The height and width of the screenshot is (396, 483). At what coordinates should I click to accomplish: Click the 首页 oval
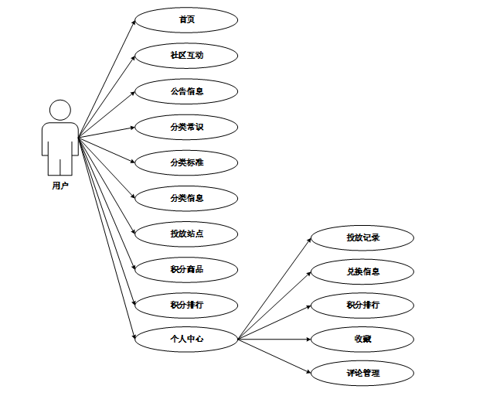(x=186, y=20)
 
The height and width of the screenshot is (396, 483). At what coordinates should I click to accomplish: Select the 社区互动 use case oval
(x=186, y=56)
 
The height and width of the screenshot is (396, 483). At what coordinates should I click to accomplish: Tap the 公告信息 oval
(x=186, y=91)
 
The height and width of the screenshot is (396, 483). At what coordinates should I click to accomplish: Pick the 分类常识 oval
(x=186, y=127)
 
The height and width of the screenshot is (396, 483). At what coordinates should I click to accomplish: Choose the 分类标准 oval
(x=186, y=162)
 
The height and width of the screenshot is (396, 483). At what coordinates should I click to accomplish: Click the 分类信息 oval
(x=186, y=198)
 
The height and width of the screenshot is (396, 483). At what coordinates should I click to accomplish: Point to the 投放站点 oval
(x=186, y=233)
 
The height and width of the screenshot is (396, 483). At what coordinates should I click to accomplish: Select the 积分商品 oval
(x=186, y=269)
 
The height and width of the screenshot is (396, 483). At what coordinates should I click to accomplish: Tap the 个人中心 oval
(x=186, y=339)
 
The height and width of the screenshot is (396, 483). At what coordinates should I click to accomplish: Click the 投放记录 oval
(x=362, y=237)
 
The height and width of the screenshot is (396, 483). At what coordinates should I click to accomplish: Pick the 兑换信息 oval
(x=362, y=272)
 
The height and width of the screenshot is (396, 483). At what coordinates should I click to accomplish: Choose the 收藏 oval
(x=362, y=339)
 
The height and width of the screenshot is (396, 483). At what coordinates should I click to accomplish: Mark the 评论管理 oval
(x=362, y=374)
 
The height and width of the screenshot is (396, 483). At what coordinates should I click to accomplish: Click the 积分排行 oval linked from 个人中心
(x=362, y=305)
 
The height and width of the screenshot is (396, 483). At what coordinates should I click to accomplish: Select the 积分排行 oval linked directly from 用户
(x=186, y=305)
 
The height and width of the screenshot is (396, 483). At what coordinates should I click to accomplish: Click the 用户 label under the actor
(x=60, y=186)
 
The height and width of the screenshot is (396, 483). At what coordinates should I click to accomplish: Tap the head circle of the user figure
(x=60, y=111)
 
